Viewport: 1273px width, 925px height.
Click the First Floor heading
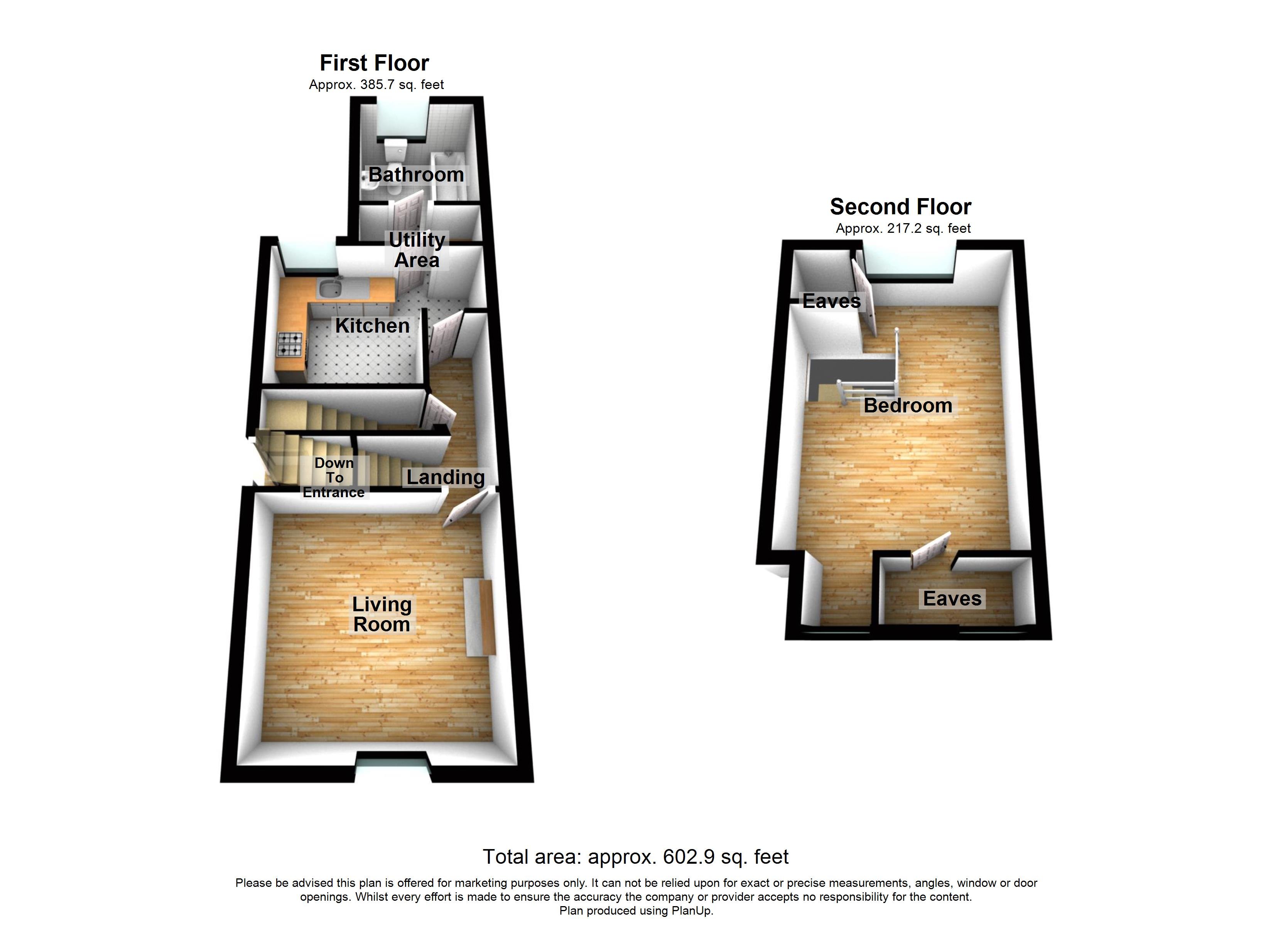click(x=375, y=63)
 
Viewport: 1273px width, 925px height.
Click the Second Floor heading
click(x=900, y=207)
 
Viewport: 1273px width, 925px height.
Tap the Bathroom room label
click(x=416, y=175)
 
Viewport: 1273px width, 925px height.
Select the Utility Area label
click(x=417, y=250)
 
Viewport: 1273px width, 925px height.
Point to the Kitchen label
click(x=372, y=325)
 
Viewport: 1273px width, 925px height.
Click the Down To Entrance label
click(x=334, y=478)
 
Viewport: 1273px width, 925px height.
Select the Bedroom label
click(x=908, y=405)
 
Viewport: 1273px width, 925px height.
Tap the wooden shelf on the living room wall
click(x=480, y=617)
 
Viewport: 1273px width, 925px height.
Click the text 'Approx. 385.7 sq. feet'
click(x=376, y=85)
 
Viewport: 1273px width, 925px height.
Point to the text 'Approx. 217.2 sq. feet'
click(x=903, y=228)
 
